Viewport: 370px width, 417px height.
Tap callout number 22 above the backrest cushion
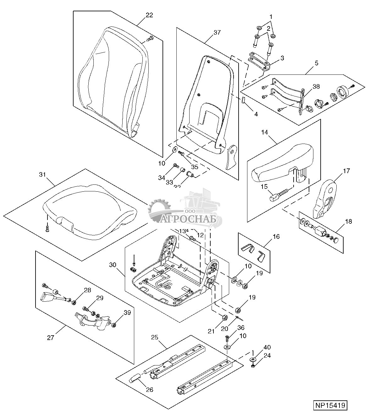[x=149, y=15]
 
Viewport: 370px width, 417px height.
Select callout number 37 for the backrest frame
[x=217, y=32]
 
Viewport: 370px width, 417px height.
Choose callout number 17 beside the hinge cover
[x=346, y=171]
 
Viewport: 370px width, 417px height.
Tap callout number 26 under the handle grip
[x=149, y=390]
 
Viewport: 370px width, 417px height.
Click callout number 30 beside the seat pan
[x=113, y=265]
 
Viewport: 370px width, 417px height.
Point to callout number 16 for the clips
[x=276, y=237]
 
